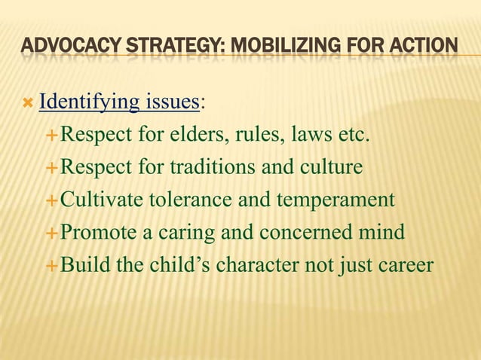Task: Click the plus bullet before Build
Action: click(52, 267)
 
